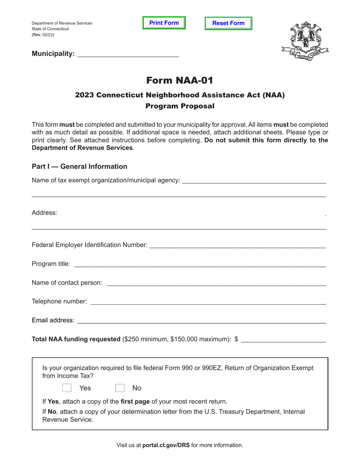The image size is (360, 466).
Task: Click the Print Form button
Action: tap(164, 23)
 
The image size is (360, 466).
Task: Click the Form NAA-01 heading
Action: tap(180, 80)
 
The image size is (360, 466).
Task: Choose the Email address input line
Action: tap(201, 321)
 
